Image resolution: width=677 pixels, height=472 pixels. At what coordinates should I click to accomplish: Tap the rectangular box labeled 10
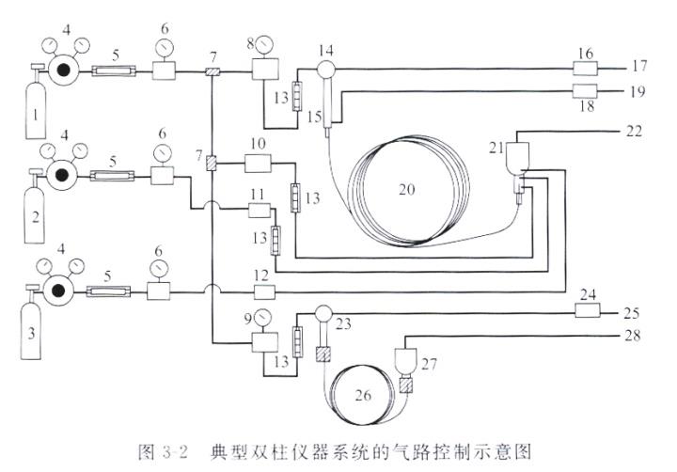point(259,165)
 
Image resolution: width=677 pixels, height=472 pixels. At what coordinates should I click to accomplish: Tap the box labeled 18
point(586,91)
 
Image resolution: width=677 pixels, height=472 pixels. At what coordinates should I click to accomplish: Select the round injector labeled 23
point(323,313)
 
